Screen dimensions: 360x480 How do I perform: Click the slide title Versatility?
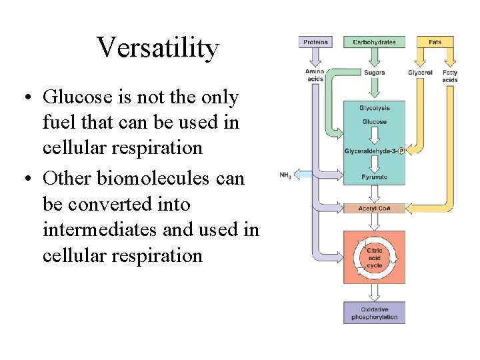(157, 48)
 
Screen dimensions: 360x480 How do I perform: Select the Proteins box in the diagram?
(315, 42)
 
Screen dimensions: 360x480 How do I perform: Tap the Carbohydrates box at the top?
(374, 42)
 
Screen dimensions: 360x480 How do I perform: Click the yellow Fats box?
(435, 42)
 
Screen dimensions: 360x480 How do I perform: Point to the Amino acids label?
(314, 75)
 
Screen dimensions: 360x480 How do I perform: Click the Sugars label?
(374, 72)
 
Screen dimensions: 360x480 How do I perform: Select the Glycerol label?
(420, 72)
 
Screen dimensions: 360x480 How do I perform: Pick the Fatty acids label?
(450, 75)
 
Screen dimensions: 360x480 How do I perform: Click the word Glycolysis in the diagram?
(374, 108)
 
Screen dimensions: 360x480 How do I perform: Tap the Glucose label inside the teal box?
(374, 122)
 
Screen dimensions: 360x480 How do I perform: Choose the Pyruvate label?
(374, 177)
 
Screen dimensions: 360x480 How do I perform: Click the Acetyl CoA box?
(374, 208)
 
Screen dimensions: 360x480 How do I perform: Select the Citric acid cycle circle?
(374, 257)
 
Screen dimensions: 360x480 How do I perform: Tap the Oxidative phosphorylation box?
(374, 313)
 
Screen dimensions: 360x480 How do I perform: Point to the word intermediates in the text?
(99, 230)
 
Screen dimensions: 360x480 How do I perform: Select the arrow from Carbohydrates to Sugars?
(374, 59)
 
